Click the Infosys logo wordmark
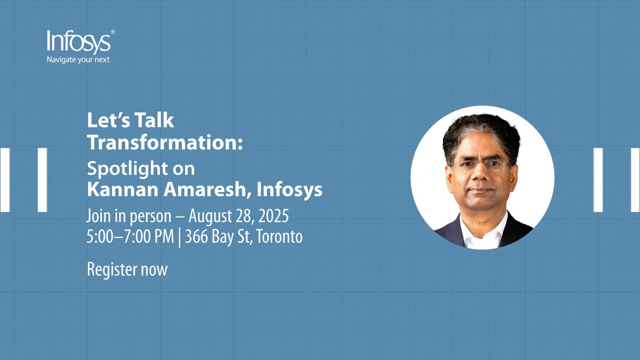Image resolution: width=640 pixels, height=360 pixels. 79,42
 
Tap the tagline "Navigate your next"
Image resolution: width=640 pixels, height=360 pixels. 78,60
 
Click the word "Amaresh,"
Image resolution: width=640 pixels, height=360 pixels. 207,189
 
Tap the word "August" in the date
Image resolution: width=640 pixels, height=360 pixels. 210,217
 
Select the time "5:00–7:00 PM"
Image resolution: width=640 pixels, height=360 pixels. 130,237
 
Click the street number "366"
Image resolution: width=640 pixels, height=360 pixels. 197,237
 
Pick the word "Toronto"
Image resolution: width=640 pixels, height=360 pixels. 279,237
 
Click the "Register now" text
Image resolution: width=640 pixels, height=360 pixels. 127,269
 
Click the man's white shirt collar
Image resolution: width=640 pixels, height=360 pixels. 483,229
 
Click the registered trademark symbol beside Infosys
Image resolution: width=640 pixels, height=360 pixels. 113,32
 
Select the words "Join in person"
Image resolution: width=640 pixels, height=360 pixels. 129,217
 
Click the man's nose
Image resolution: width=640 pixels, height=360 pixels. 481,174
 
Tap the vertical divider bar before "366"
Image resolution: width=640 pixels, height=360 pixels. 179,238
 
